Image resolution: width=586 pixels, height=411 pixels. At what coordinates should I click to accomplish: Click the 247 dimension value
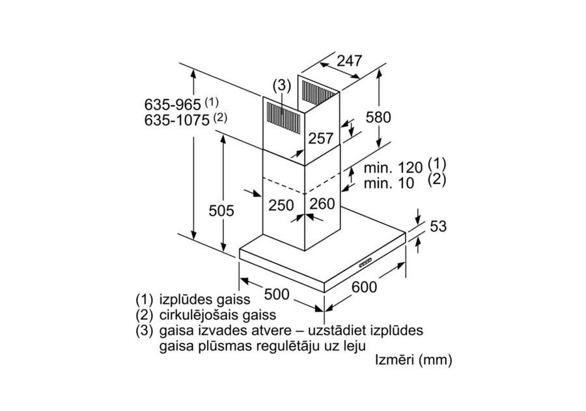pyautogui.click(x=349, y=62)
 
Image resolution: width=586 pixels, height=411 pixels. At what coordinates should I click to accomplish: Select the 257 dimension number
pyautogui.click(x=320, y=139)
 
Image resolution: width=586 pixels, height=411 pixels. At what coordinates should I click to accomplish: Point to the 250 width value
pyautogui.click(x=281, y=205)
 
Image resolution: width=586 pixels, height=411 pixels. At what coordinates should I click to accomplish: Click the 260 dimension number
pyautogui.click(x=322, y=204)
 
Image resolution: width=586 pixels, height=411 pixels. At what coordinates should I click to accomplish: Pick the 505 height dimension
pyautogui.click(x=221, y=211)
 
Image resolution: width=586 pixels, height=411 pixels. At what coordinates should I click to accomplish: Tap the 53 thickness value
pyautogui.click(x=438, y=226)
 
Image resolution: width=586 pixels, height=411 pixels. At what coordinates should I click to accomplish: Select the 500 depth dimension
pyautogui.click(x=277, y=293)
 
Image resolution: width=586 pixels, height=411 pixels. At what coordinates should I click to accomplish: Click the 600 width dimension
pyautogui.click(x=364, y=287)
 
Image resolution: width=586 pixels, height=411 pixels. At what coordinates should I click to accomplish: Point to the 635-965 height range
pyautogui.click(x=173, y=105)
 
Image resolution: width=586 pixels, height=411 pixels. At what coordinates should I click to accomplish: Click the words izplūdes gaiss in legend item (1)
pyautogui.click(x=204, y=300)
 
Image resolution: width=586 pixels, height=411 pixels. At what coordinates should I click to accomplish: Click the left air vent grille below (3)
pyautogui.click(x=282, y=118)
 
